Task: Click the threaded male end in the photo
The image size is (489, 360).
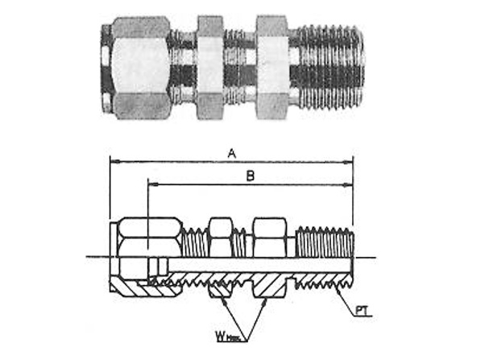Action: coord(331,68)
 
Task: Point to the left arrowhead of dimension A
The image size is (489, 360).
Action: coord(113,162)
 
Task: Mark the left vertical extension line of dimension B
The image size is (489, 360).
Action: coord(147,205)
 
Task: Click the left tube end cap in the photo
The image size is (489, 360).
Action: coord(107,69)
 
